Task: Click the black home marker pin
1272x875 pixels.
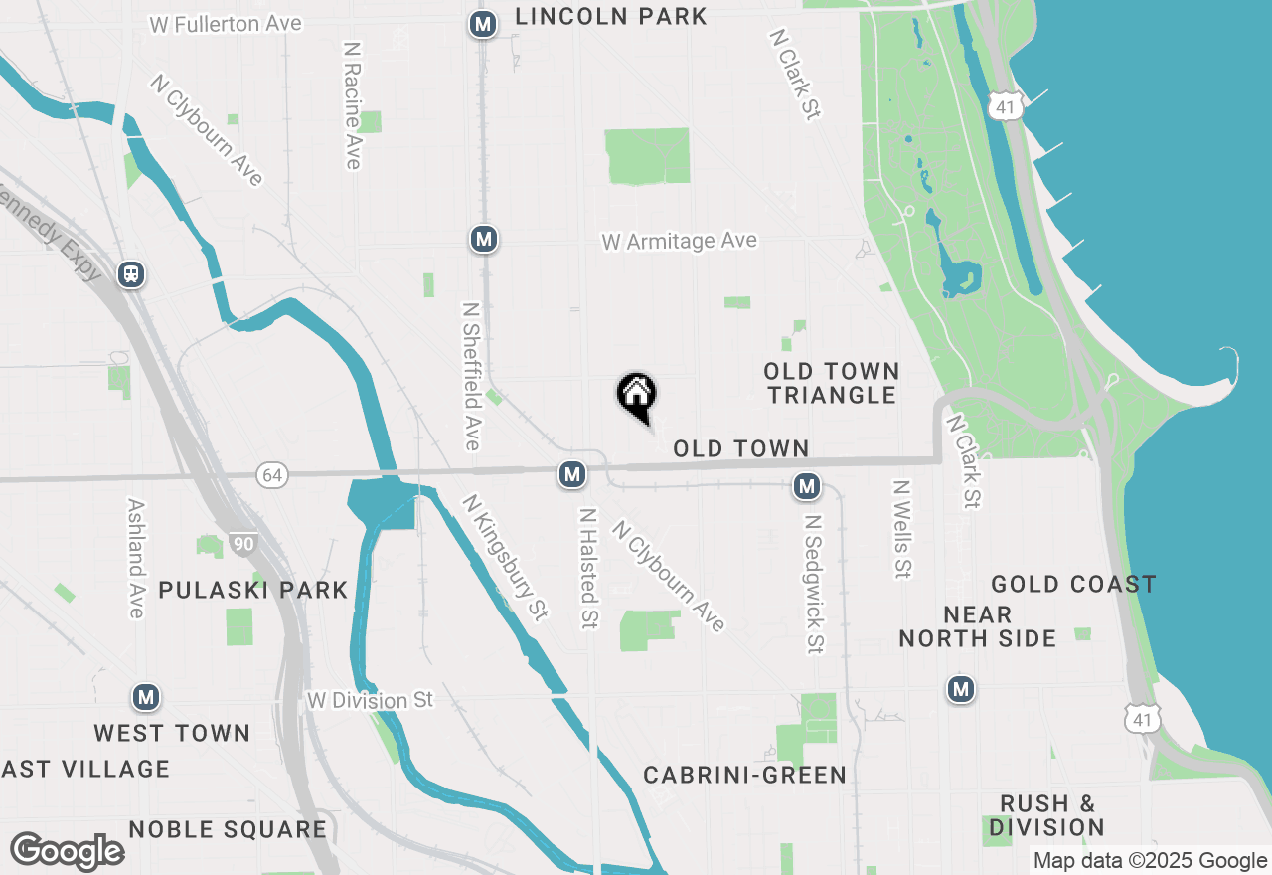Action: (637, 395)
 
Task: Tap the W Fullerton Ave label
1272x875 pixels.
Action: (226, 23)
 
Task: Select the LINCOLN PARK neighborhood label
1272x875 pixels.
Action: (611, 16)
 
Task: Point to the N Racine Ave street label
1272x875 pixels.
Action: (352, 104)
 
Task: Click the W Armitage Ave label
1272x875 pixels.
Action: (679, 241)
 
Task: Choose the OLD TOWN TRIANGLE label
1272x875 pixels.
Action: (832, 383)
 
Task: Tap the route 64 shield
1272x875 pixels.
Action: (271, 475)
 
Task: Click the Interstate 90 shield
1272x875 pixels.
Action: (241, 544)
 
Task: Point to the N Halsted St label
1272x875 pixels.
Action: (588, 569)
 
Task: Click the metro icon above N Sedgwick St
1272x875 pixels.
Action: (807, 486)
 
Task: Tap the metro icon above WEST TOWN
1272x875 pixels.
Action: (147, 697)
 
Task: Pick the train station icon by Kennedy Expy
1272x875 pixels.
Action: (130, 273)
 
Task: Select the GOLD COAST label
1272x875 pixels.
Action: (1073, 584)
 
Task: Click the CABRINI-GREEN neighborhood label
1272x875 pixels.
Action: (744, 775)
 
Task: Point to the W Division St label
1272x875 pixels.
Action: (370, 701)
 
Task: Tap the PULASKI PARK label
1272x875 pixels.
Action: (253, 590)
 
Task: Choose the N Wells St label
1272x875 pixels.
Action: (901, 530)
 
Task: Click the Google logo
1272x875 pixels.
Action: (67, 852)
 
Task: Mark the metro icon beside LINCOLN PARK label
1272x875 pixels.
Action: (483, 24)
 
